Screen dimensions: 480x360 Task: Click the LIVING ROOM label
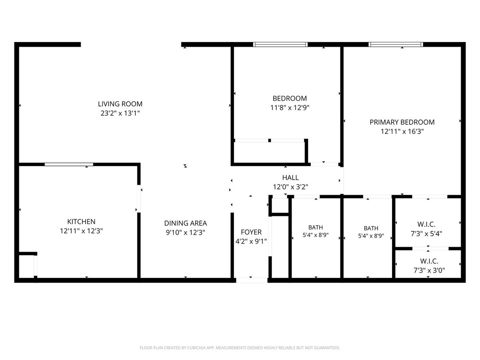tap(120, 104)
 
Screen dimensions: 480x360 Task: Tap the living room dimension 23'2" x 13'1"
tap(120, 113)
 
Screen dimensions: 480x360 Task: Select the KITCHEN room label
tap(81, 222)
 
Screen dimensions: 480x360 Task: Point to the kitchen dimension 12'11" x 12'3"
tap(81, 231)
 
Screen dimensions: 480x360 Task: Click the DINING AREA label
tap(186, 223)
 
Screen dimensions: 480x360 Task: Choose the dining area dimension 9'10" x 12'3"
tap(186, 232)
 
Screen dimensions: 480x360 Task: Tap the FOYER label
tap(251, 232)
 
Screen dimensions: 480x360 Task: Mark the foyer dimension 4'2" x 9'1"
tap(251, 241)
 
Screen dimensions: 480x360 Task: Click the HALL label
tap(290, 178)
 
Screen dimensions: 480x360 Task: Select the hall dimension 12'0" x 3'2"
tap(290, 187)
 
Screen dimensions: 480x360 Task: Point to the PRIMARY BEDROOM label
tap(402, 122)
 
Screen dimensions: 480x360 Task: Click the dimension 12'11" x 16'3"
tap(402, 131)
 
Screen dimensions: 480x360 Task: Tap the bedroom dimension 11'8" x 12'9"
tap(290, 108)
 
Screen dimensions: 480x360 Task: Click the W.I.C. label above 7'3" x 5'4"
tap(426, 224)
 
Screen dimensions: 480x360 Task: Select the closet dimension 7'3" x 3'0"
tap(429, 270)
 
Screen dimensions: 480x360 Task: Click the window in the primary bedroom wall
tap(396, 44)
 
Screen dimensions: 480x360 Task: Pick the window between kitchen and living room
tap(69, 164)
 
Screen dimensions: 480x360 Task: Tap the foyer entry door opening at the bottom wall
tap(252, 280)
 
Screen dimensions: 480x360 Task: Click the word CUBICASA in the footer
tap(196, 348)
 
